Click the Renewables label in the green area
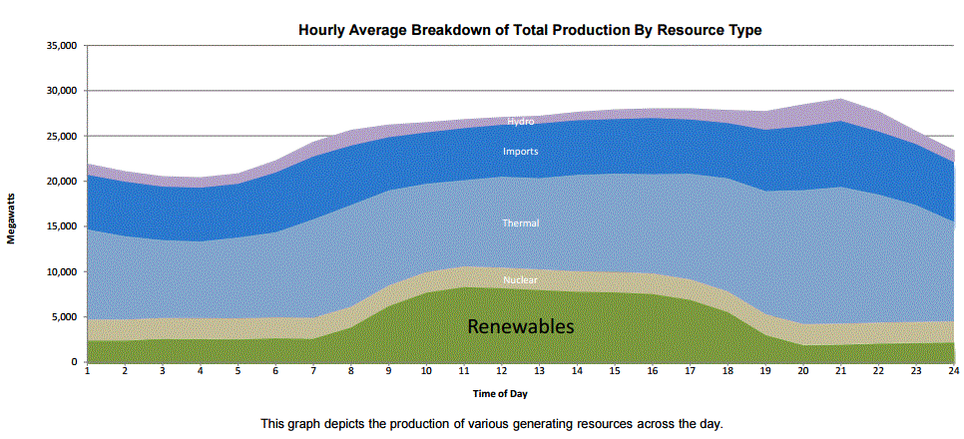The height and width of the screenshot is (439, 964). coord(521,326)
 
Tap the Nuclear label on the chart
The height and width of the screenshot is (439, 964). coord(521,280)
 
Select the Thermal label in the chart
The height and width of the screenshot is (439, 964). coord(521,223)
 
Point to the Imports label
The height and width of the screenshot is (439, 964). coord(521,152)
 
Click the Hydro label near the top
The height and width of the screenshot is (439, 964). coord(521,122)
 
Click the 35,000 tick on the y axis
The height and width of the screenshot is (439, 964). coord(62,46)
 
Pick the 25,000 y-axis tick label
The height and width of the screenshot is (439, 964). coord(62,136)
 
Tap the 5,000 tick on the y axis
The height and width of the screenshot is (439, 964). coord(65,317)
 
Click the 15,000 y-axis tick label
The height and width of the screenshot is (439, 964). coord(62,226)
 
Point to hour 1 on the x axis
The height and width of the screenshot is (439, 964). coord(88,372)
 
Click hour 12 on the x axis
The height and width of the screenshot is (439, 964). coord(502,372)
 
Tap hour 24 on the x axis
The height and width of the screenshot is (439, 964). coord(954,372)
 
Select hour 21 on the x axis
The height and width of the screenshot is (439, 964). coord(841,372)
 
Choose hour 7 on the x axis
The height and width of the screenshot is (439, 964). coord(313,372)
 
